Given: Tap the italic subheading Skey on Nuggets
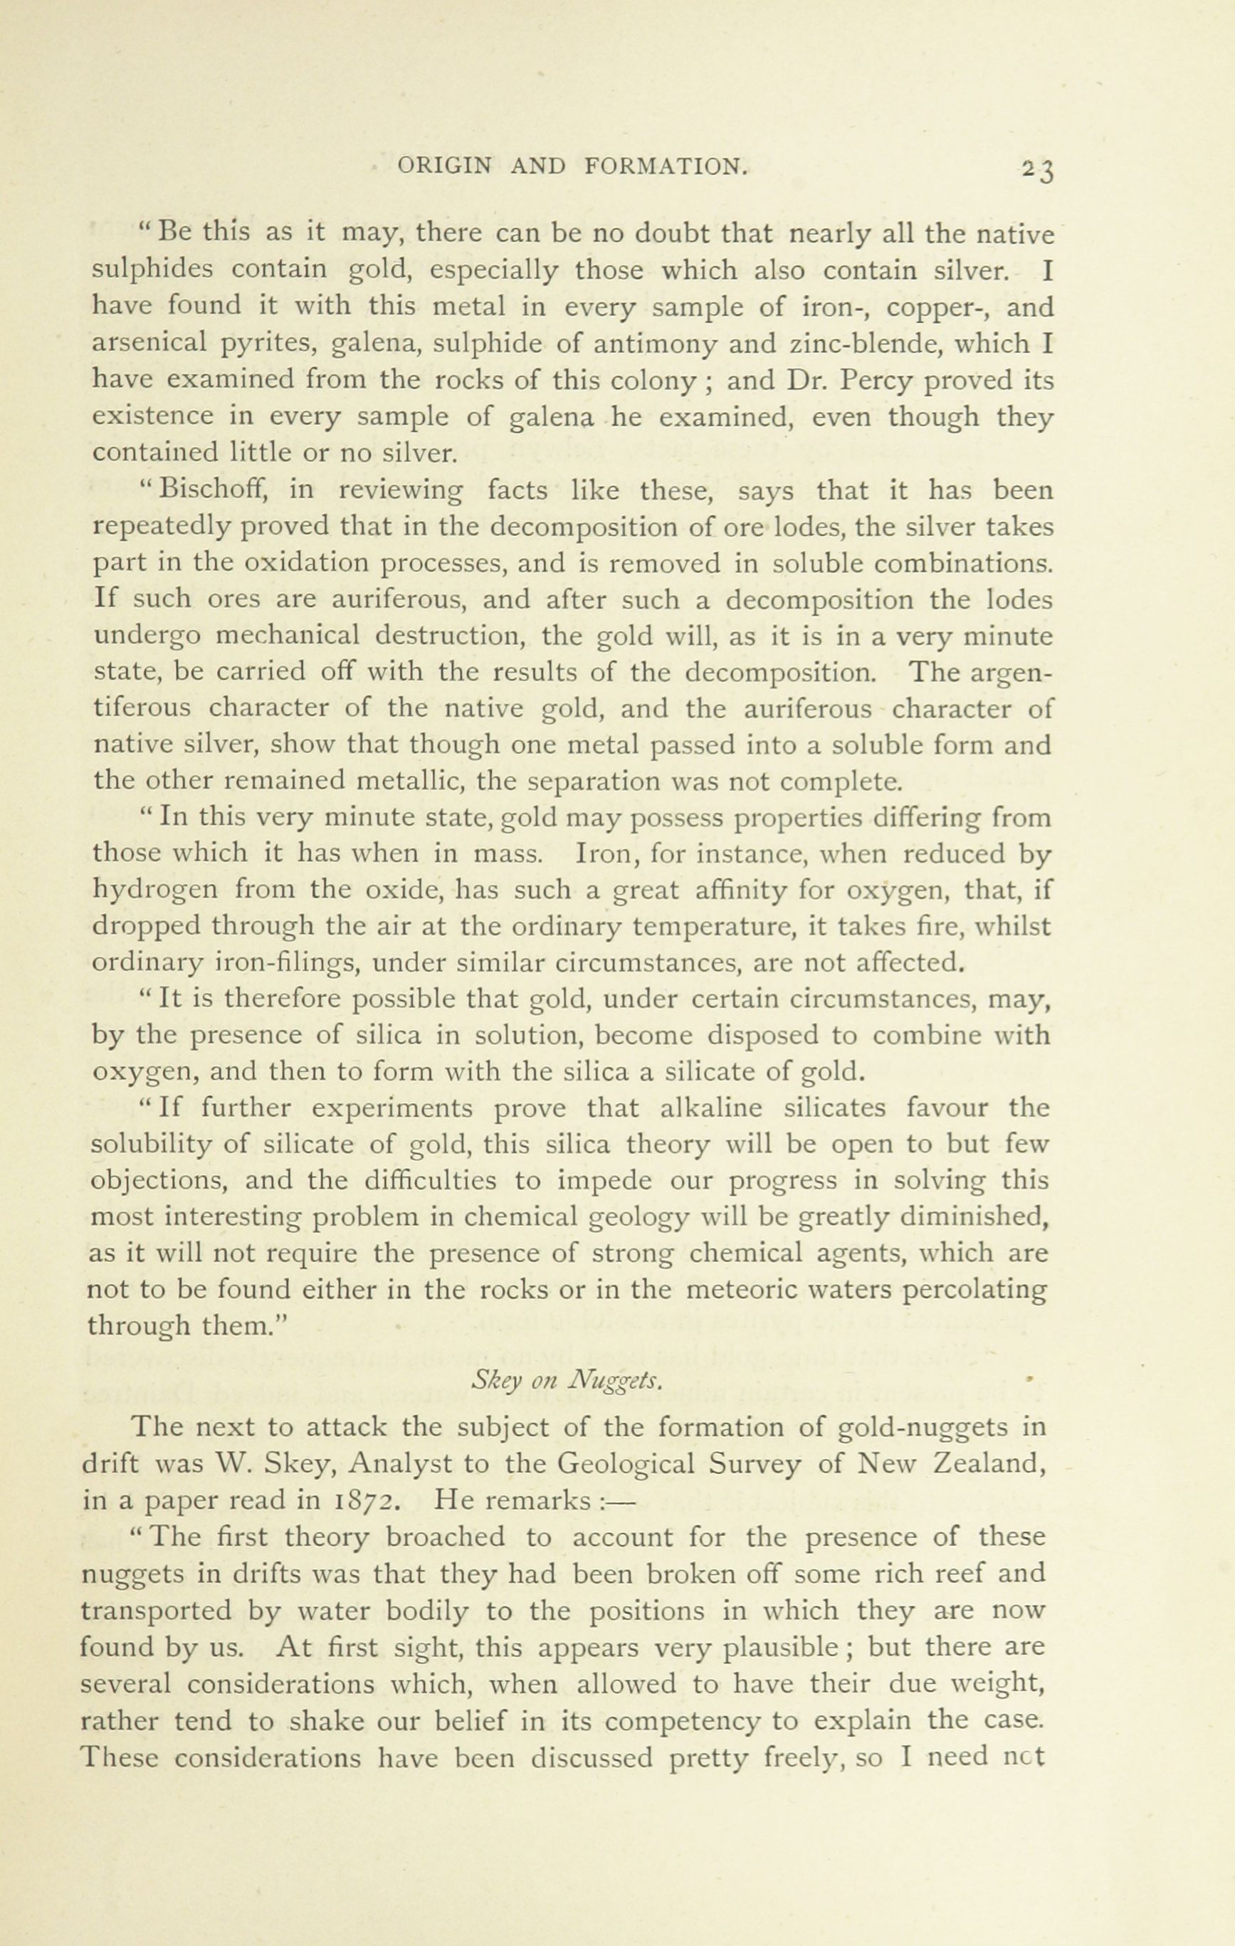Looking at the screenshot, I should point(567,1382).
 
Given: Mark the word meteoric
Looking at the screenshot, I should point(745,1290).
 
